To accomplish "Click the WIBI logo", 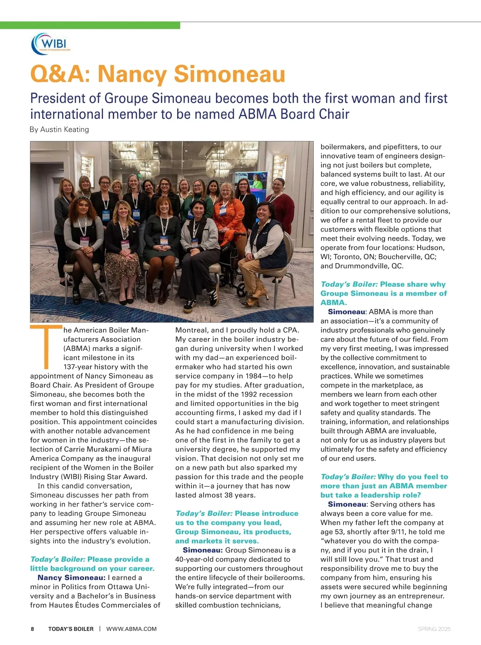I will (51, 44).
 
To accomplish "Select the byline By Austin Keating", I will (59, 129).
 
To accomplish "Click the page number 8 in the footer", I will (32, 629).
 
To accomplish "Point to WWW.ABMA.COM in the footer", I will (131, 629).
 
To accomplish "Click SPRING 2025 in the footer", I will (434, 629).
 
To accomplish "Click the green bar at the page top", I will (90, 25).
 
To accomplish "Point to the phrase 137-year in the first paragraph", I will (79, 367).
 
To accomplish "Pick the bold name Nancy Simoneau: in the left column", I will (72, 577).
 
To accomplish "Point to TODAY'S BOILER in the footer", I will (71, 629).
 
